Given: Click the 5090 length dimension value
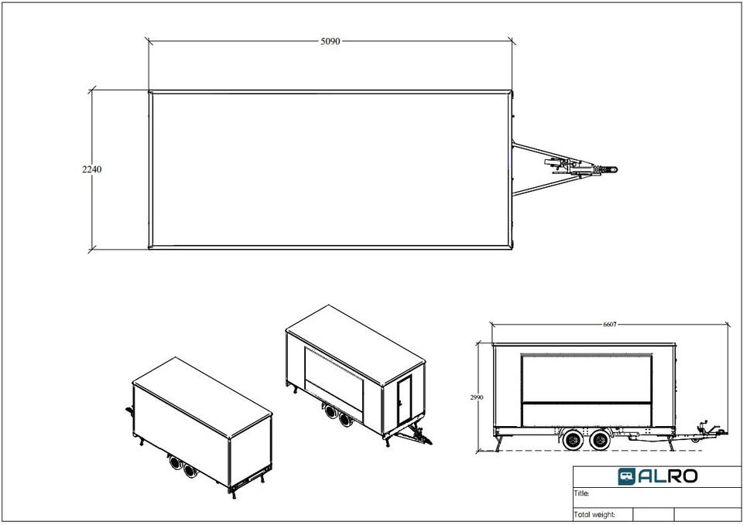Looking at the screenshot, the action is (330, 41).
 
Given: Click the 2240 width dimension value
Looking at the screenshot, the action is (91, 169).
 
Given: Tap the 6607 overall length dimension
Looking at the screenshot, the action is (610, 324).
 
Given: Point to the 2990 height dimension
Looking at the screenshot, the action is (477, 397).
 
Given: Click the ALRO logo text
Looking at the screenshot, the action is (667, 476).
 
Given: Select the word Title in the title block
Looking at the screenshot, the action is (581, 493).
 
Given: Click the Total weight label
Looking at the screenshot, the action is (594, 515).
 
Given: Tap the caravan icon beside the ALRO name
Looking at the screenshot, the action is (626, 476).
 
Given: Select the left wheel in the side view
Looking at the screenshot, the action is (574, 440).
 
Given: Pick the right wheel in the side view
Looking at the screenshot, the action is (601, 440).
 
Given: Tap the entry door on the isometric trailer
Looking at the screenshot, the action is (404, 400).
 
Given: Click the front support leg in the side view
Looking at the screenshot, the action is (670, 443).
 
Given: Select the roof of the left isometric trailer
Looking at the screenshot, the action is (202, 397).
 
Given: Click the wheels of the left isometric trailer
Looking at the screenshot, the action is (183, 466).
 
